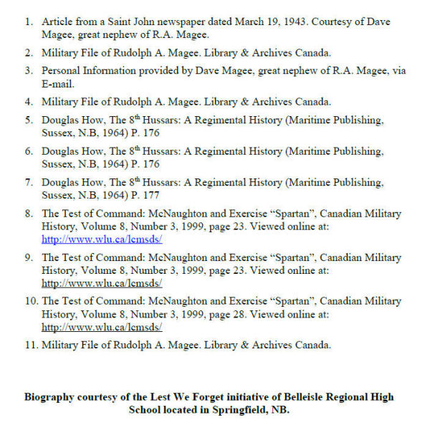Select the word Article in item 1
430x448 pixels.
(58, 22)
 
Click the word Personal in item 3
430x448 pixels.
(63, 71)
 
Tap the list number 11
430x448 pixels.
(29, 345)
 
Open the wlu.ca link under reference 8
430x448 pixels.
(101, 239)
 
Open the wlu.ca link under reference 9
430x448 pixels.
(101, 282)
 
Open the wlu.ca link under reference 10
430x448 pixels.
(101, 327)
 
